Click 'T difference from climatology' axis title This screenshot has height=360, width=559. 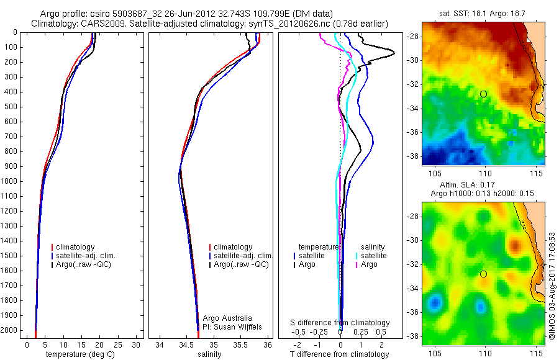pos(339,354)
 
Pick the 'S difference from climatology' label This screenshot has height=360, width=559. pos(340,323)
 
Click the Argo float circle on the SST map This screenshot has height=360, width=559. pos(483,94)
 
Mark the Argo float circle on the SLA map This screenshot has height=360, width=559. pos(483,274)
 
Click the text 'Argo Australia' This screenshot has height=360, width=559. pos(228,318)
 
